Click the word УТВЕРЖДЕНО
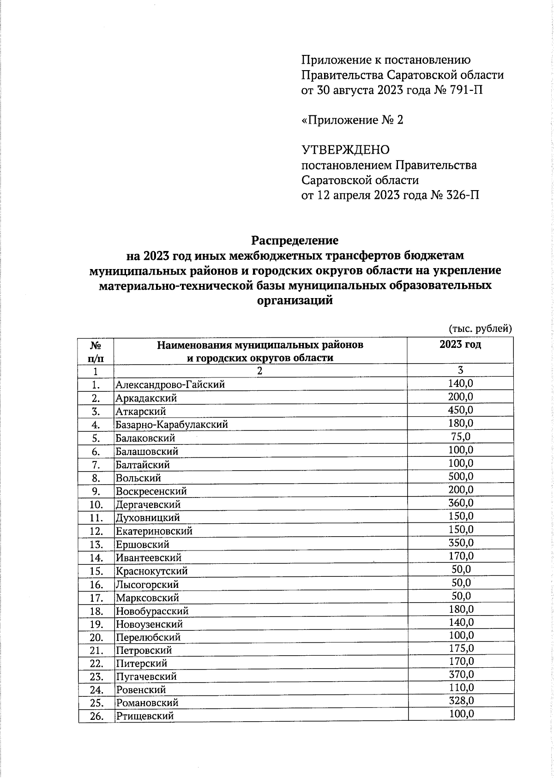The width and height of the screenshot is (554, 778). (x=345, y=150)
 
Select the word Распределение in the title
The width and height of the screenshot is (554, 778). (x=295, y=240)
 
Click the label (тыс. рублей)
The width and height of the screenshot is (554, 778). (x=480, y=329)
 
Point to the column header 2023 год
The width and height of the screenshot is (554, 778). (x=460, y=345)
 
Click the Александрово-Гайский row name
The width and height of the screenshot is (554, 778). (x=170, y=384)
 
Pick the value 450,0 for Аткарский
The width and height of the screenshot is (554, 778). (x=460, y=410)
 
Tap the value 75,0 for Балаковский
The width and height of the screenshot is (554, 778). (x=460, y=437)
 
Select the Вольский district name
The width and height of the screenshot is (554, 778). (x=138, y=478)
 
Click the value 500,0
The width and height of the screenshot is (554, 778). (x=460, y=476)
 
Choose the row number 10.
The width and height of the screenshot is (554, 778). (x=96, y=505)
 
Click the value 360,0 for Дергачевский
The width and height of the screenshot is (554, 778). (x=460, y=503)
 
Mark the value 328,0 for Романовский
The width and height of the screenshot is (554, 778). (x=460, y=701)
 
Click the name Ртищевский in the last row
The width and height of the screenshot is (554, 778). (x=145, y=716)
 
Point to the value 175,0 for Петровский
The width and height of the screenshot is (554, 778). (x=460, y=648)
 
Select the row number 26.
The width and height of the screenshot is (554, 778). (x=96, y=716)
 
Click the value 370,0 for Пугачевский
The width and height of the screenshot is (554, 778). (x=460, y=675)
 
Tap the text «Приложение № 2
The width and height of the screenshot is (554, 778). (x=352, y=120)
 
